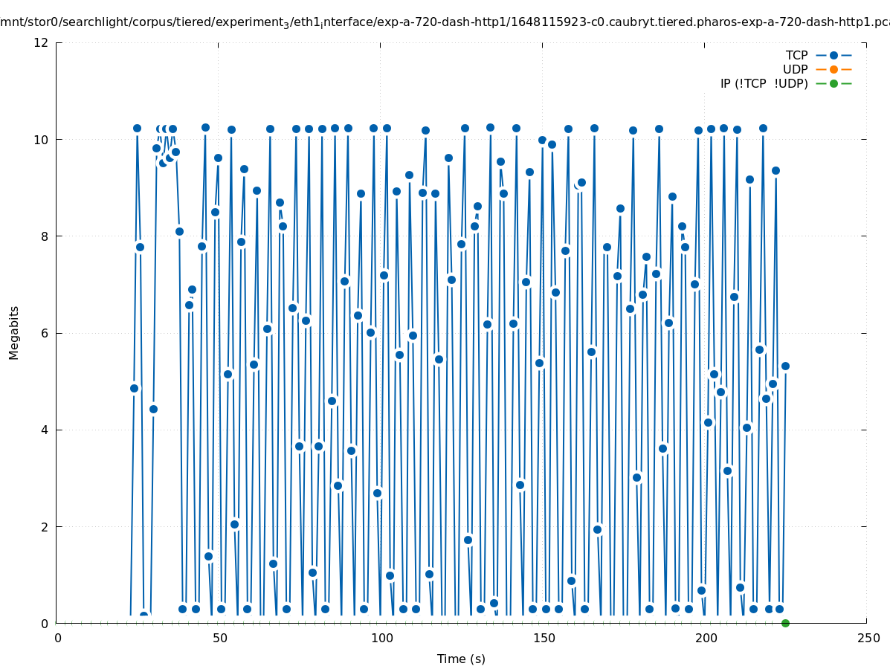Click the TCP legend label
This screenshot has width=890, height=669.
pyautogui.click(x=796, y=56)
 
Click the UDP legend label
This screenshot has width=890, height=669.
pyautogui.click(x=795, y=70)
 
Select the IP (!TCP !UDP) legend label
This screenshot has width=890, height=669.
pyautogui.click(x=764, y=84)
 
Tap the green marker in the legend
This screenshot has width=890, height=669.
pyautogui.click(x=833, y=83)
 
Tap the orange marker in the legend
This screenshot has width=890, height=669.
pyautogui.click(x=833, y=69)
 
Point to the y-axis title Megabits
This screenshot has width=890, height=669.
pyautogui.click(x=14, y=332)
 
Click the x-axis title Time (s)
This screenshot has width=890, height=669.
pyautogui.click(x=461, y=659)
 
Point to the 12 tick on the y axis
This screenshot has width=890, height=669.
pyautogui.click(x=42, y=42)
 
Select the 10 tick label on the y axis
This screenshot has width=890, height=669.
pyautogui.click(x=42, y=140)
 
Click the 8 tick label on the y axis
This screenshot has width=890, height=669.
pyautogui.click(x=45, y=236)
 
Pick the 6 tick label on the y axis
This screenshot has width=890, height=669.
pyautogui.click(x=45, y=333)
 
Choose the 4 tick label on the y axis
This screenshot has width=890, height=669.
pyautogui.click(x=45, y=430)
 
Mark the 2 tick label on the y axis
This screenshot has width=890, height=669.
pyautogui.click(x=45, y=526)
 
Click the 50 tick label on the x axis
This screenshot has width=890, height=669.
pyautogui.click(x=219, y=639)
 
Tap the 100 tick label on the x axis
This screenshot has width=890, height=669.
pyautogui.click(x=381, y=639)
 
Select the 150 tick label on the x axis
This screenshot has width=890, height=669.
pyautogui.click(x=543, y=639)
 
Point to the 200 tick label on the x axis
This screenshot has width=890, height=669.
pyautogui.click(x=705, y=639)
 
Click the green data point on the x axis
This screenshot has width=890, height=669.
pyautogui.click(x=785, y=623)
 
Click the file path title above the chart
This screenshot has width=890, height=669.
pyautogui.click(x=445, y=22)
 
